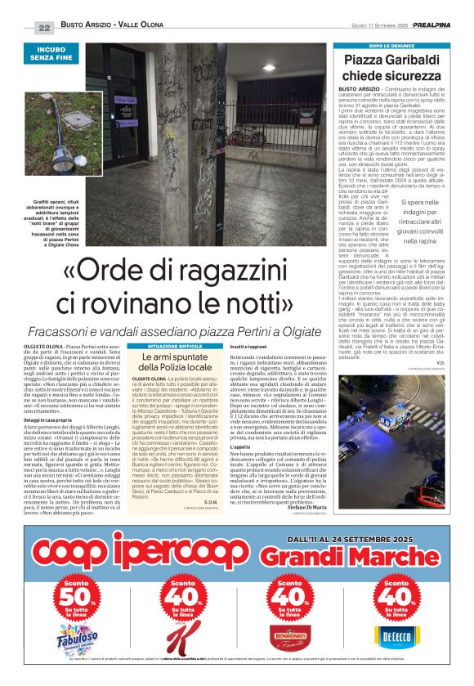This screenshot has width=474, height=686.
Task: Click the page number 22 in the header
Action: pyautogui.click(x=44, y=27)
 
